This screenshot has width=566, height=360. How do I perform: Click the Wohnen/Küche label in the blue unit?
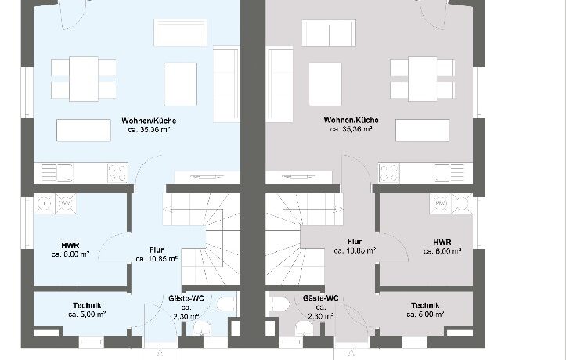pyautogui.click(x=149, y=121)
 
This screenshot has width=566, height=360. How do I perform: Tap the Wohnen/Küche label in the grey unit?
pyautogui.click(x=351, y=120)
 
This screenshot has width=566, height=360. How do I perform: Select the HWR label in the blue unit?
pyautogui.click(x=70, y=246)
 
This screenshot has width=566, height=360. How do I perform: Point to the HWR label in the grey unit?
pyautogui.click(x=442, y=242)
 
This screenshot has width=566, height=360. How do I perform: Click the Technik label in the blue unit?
pyautogui.click(x=87, y=306)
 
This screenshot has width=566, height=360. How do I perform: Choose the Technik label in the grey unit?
pyautogui.click(x=425, y=305)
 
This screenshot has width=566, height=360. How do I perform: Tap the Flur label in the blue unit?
pyautogui.click(x=157, y=250)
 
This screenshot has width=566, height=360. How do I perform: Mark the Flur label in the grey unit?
pyautogui.click(x=355, y=242)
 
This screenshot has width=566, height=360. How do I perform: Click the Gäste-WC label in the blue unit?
pyautogui.click(x=186, y=298)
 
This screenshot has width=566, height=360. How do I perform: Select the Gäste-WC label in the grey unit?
pyautogui.click(x=320, y=298)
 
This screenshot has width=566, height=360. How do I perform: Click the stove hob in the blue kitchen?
pyautogui.click(x=117, y=173)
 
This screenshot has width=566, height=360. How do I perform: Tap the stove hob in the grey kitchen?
pyautogui.click(x=389, y=173)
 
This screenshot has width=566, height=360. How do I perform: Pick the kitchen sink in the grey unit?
pyautogui.click(x=449, y=173)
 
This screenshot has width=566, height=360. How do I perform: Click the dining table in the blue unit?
pyautogui.click(x=84, y=78)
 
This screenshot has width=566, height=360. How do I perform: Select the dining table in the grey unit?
pyautogui.click(x=422, y=78)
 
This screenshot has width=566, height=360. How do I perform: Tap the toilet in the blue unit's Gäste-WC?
pyautogui.click(x=226, y=304)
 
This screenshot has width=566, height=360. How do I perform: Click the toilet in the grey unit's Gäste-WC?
pyautogui.click(x=279, y=304)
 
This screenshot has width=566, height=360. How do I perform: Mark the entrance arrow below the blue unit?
pyautogui.click(x=160, y=354)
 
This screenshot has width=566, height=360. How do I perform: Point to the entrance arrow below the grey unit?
pyautogui.click(x=351, y=354)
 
